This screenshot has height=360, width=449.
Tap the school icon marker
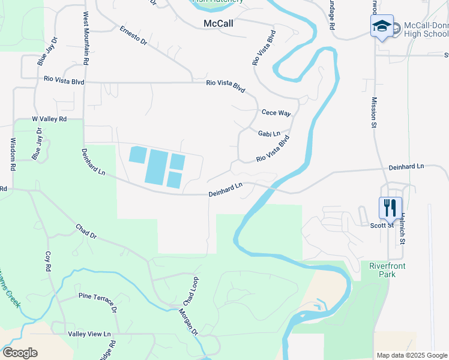[382, 26]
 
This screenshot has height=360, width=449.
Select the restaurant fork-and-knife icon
[390, 208]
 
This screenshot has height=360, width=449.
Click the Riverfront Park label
[383, 269]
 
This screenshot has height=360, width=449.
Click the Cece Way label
[276, 113]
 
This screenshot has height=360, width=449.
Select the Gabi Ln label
[270, 134]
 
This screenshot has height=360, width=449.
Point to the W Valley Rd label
[49, 119]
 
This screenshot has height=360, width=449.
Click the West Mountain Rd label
[86, 38]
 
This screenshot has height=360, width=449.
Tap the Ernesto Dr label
[133, 35]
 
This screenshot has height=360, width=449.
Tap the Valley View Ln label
[90, 334]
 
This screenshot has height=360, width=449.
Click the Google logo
[20, 353]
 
